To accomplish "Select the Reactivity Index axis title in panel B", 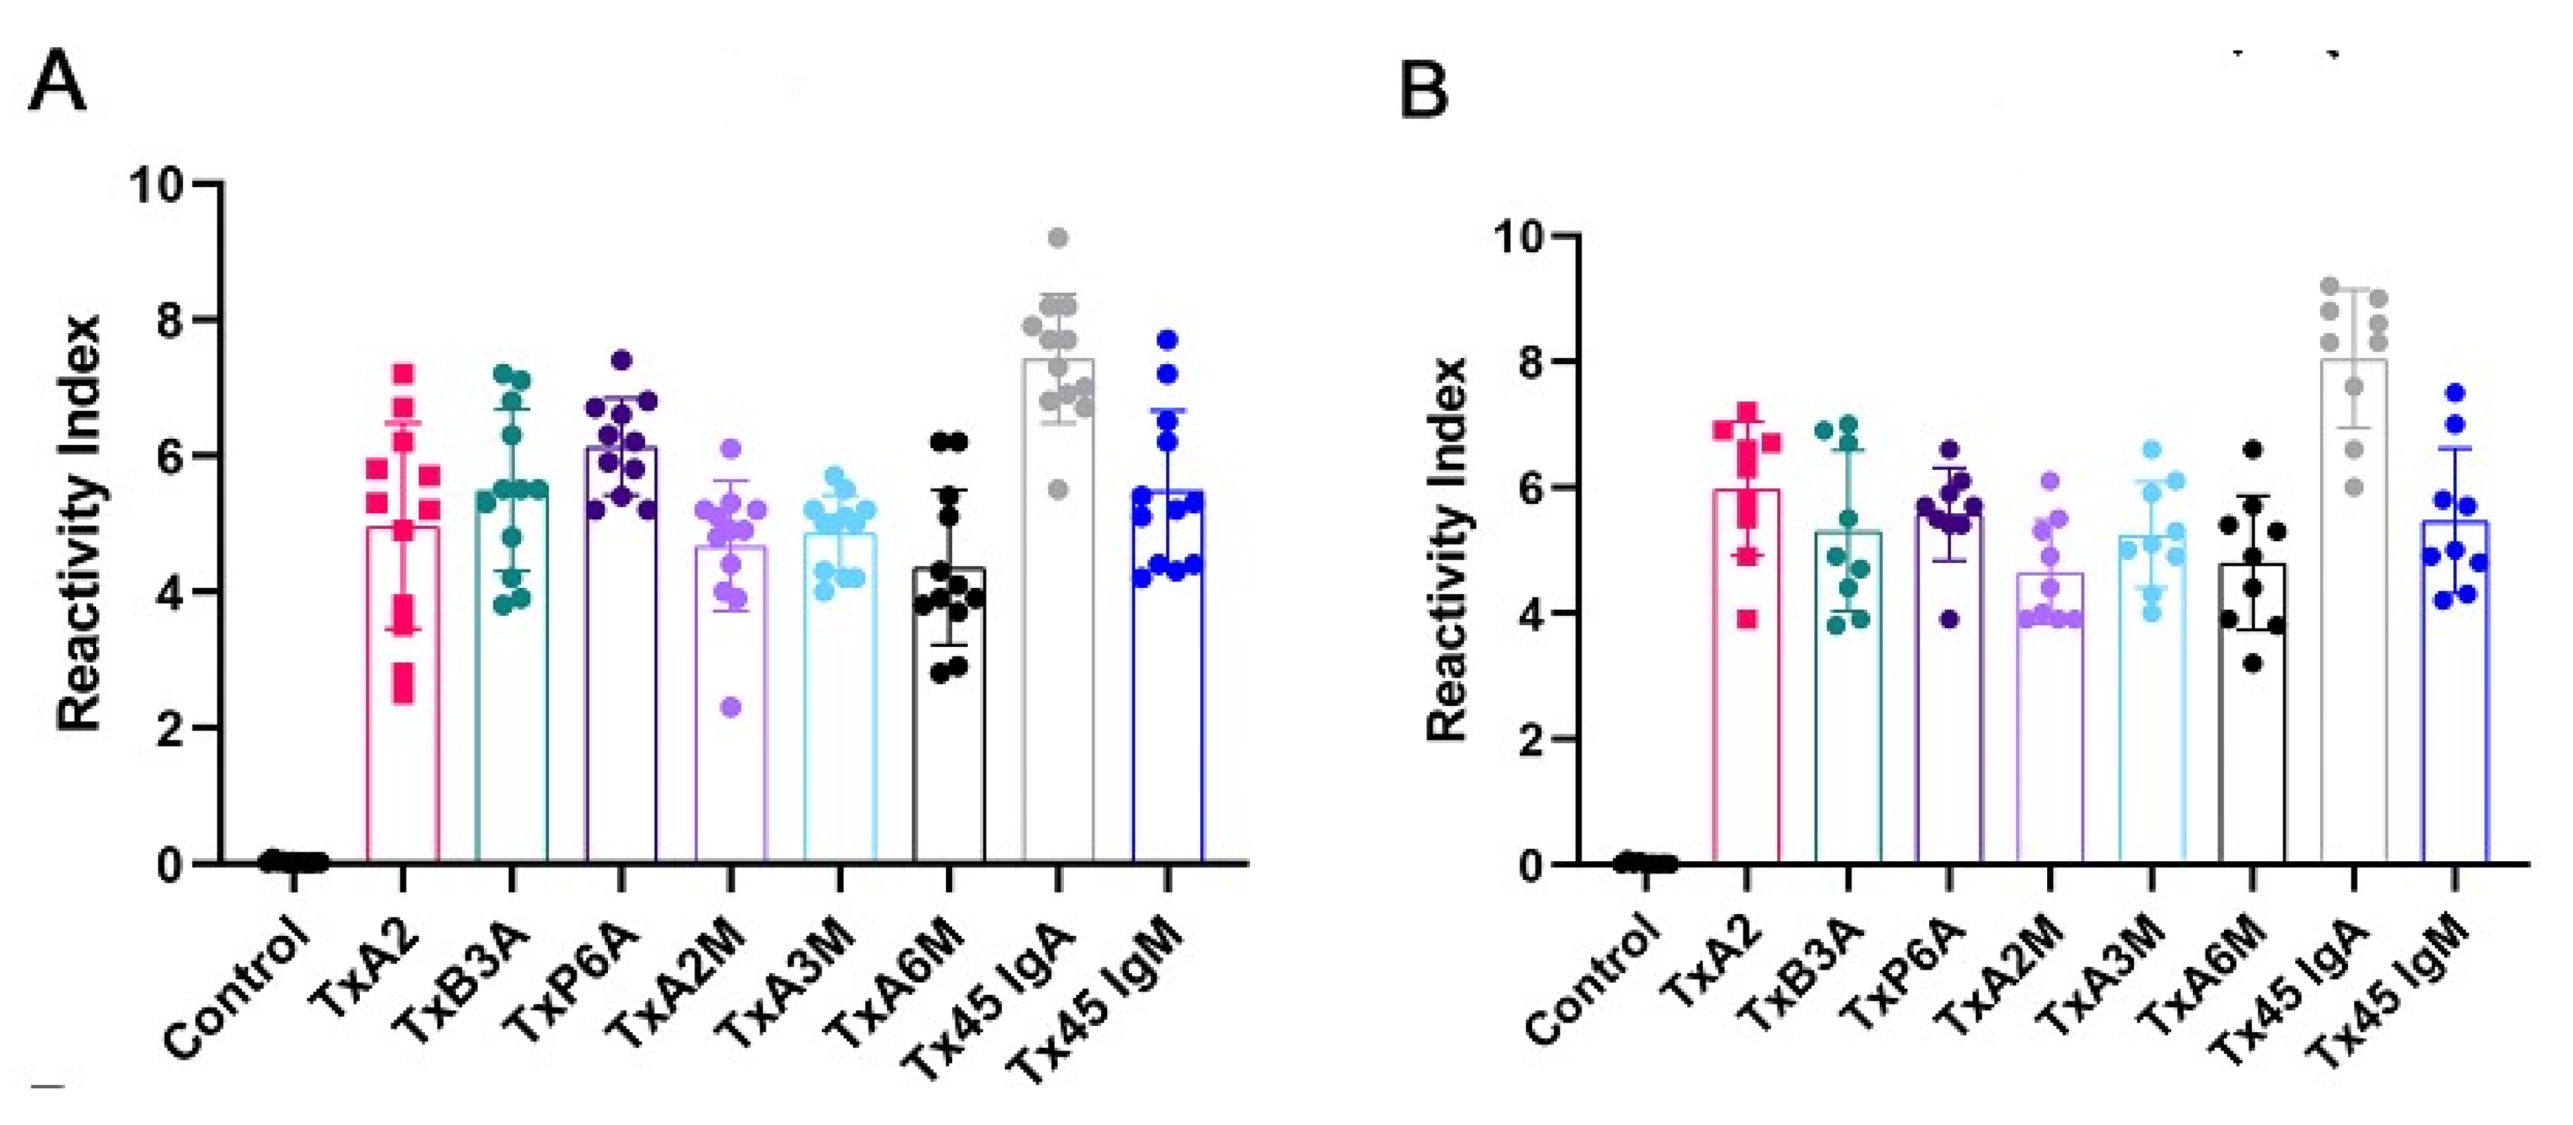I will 1445,549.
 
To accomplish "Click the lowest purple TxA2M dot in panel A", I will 731,707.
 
